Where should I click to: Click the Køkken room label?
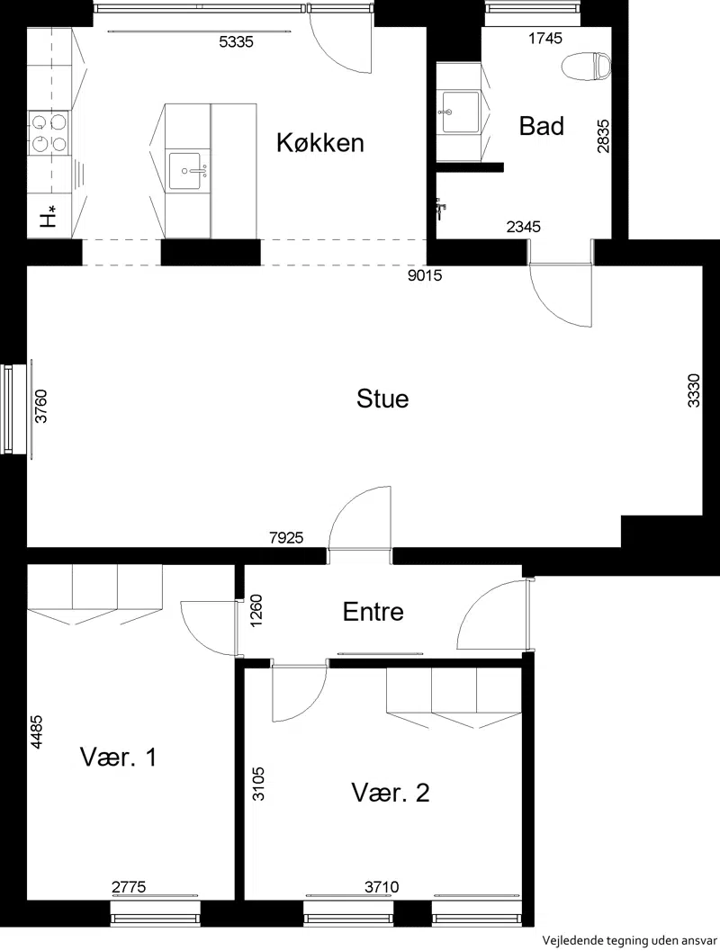pyautogui.click(x=320, y=142)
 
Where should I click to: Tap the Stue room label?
pyautogui.click(x=382, y=399)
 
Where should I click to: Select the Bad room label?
pyautogui.click(x=542, y=126)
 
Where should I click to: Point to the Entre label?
pyautogui.click(x=373, y=612)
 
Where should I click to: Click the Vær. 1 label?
pyautogui.click(x=118, y=757)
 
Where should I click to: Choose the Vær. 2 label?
pyautogui.click(x=391, y=793)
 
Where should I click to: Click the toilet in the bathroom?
pyautogui.click(x=587, y=66)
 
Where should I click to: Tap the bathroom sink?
pyautogui.click(x=461, y=112)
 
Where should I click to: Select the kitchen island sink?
pyautogui.click(x=189, y=171)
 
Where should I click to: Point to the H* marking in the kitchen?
pyautogui.click(x=49, y=217)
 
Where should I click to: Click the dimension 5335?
pyautogui.click(x=236, y=42)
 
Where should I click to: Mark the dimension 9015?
pyautogui.click(x=425, y=276)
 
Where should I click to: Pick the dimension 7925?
pyautogui.click(x=286, y=537)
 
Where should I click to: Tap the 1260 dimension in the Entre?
pyautogui.click(x=256, y=612)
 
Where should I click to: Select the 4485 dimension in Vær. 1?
pyautogui.click(x=36, y=732)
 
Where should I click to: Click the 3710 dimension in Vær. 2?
pyautogui.click(x=382, y=887)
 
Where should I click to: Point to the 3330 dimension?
pyautogui.click(x=694, y=390)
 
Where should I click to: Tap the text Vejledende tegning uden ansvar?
pyautogui.click(x=629, y=941)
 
